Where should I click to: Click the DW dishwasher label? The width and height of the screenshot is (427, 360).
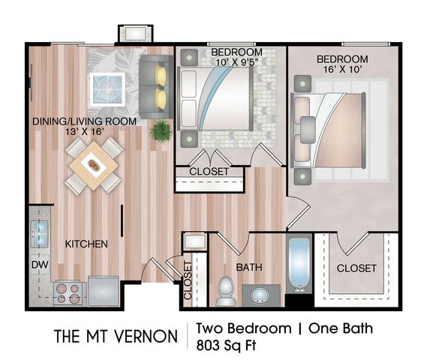click(40, 265)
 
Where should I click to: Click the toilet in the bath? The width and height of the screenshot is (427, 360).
click(225, 292)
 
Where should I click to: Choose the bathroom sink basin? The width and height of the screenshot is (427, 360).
click(259, 295)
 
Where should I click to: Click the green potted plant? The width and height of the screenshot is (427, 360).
click(161, 130)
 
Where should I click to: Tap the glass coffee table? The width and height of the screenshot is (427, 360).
click(108, 89)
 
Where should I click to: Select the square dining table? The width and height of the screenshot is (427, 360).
click(94, 166)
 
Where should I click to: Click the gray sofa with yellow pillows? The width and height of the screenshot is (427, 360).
click(156, 87)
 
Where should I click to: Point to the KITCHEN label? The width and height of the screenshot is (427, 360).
click(86, 244)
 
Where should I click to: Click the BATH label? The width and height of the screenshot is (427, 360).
click(249, 267)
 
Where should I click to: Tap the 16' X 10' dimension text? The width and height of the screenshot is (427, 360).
click(342, 70)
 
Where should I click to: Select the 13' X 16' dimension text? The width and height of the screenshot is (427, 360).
click(85, 132)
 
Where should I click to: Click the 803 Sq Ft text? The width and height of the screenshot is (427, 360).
click(227, 346)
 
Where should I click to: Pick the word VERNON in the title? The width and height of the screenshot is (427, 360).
click(146, 336)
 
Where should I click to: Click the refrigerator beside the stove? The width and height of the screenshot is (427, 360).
click(104, 290)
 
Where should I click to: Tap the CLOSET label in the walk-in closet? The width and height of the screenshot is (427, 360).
click(356, 268)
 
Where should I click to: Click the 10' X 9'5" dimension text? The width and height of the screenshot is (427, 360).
click(236, 62)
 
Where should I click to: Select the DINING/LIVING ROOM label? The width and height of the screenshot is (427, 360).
click(84, 121)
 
